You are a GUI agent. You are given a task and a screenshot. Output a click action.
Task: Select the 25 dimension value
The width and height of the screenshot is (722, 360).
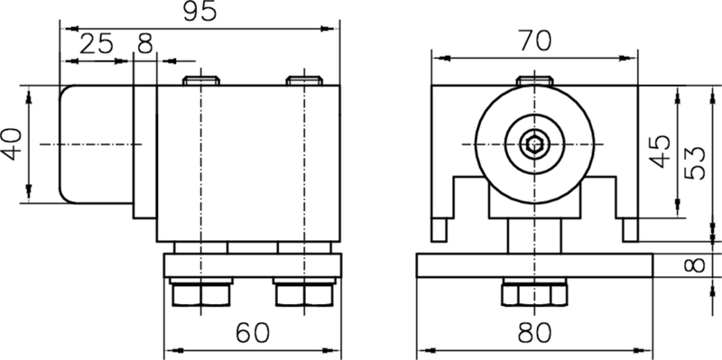(x=97, y=44)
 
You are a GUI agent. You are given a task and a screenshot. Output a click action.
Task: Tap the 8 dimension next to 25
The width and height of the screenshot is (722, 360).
(x=145, y=44)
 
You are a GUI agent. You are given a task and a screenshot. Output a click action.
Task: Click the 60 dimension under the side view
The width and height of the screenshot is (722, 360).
(x=254, y=333)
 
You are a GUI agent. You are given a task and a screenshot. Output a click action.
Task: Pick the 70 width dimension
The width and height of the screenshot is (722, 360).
(x=536, y=41)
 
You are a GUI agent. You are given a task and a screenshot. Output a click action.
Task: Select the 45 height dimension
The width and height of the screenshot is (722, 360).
(x=661, y=151)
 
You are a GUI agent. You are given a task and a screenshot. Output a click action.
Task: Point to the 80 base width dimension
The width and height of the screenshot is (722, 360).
(x=536, y=333)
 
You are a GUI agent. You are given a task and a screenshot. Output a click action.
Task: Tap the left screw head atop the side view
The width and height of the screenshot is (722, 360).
(x=201, y=80)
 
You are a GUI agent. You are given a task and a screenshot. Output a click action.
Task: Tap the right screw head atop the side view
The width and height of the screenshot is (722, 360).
(x=305, y=80)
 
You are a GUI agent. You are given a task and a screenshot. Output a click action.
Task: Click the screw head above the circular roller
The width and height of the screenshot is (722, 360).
(x=536, y=80)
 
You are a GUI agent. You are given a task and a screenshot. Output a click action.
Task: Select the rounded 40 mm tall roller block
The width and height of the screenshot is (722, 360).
(x=96, y=143)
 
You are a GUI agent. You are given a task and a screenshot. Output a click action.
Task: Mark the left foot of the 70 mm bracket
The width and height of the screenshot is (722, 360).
(x=440, y=229)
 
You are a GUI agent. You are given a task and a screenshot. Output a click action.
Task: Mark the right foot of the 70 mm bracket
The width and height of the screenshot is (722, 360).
(x=629, y=229)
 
